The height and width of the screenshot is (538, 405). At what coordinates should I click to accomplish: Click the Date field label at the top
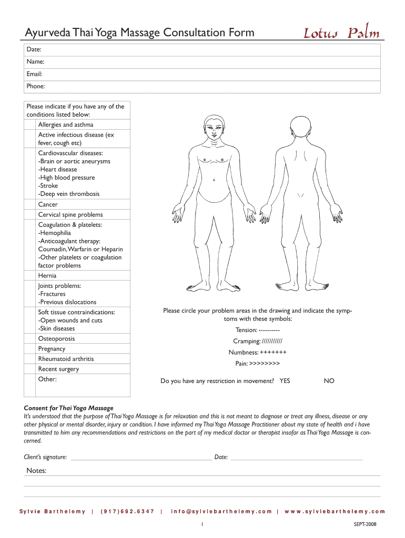click(x=34, y=49)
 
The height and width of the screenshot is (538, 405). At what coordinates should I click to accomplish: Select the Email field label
click(x=34, y=74)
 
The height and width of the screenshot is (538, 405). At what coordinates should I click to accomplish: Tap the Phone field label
click(x=35, y=86)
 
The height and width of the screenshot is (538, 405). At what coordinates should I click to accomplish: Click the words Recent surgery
click(x=58, y=369)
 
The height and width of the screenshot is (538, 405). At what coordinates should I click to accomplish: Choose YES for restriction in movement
click(x=285, y=381)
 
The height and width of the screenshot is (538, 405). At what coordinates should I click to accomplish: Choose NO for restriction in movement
click(x=329, y=381)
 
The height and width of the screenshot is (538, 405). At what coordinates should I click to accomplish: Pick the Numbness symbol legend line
click(x=258, y=352)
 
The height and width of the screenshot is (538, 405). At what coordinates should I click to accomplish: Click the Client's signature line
click(x=141, y=458)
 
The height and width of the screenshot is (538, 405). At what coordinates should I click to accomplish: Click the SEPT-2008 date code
click(x=366, y=524)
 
